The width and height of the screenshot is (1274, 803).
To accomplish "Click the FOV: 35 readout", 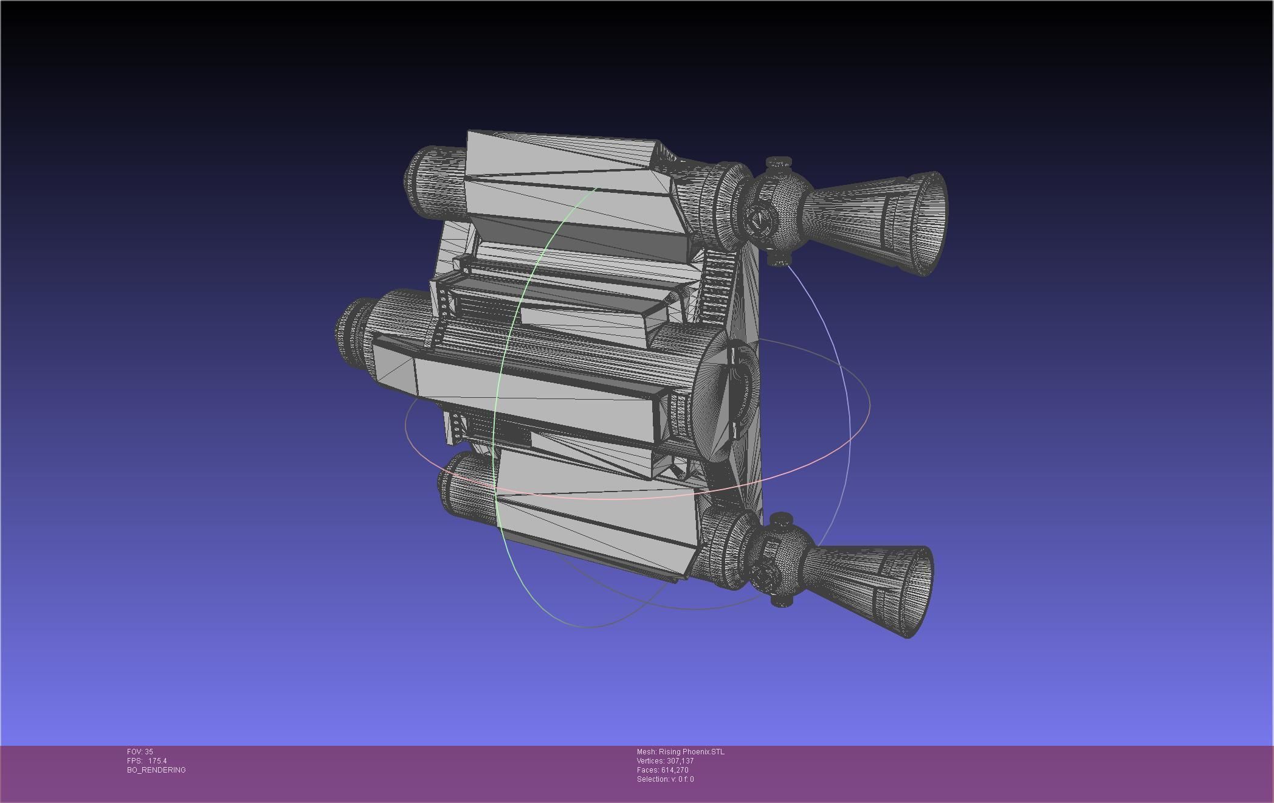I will [140, 752].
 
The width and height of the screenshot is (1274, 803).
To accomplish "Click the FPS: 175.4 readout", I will [146, 761].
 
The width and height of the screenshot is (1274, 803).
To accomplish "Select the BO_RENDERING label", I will [156, 770].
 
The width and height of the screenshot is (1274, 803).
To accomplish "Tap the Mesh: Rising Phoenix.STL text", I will [680, 752].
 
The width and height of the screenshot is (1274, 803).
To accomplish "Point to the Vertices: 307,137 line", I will [665, 761].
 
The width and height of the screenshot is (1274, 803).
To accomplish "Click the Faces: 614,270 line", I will [663, 770].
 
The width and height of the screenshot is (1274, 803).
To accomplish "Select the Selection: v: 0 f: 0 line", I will [665, 779].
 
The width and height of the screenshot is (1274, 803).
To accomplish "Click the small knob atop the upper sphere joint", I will [779, 163].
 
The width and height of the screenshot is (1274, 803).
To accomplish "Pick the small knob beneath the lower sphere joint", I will [782, 600].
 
